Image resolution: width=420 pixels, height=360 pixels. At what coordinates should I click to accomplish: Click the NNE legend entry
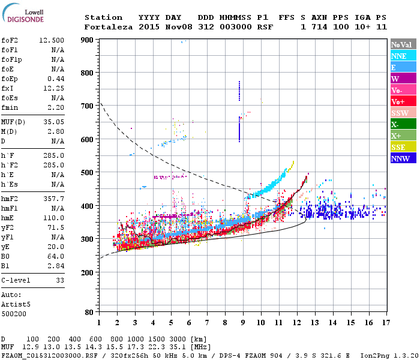[x=403, y=56]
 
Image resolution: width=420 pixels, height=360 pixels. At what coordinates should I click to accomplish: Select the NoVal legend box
[x=403, y=44]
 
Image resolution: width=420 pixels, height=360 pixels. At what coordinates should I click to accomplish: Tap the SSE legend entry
[x=403, y=147]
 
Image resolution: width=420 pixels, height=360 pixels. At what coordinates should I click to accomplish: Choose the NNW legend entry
[x=403, y=158]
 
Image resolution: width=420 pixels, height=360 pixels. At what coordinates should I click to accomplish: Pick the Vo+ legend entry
[x=403, y=101]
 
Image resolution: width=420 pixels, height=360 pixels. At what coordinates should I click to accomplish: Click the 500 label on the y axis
[x=88, y=173]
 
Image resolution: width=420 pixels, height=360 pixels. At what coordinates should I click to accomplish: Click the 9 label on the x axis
[x=242, y=323]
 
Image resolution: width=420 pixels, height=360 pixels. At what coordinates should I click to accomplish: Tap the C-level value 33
[x=59, y=280]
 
